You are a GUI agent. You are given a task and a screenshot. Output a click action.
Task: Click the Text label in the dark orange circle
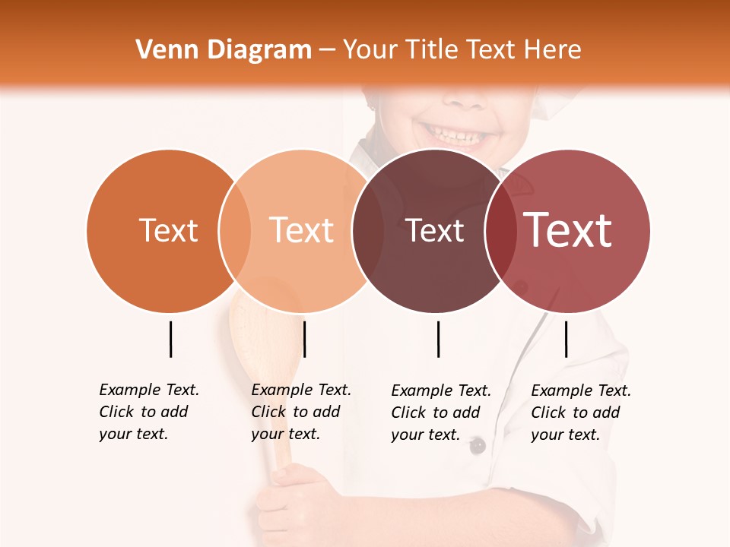coord(168,230)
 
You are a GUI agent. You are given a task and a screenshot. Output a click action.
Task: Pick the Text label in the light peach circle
coord(301,230)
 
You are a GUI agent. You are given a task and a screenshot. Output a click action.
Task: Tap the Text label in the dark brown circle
coord(435,231)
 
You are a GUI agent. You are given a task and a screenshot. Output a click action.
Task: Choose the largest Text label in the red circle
coord(568,230)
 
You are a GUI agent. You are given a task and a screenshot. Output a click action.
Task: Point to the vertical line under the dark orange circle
coord(170,339)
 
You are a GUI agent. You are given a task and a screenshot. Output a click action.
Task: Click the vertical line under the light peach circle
coord(304,339)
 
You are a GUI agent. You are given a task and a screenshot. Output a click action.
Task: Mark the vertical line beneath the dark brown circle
coord(438,339)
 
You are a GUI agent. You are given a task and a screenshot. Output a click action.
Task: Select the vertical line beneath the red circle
coord(566,339)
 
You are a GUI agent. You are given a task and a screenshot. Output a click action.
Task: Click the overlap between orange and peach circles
coord(235,231)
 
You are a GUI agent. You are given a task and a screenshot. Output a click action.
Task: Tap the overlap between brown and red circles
coord(500,231)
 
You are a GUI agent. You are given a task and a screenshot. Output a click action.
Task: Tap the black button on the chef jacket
coord(477,446)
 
